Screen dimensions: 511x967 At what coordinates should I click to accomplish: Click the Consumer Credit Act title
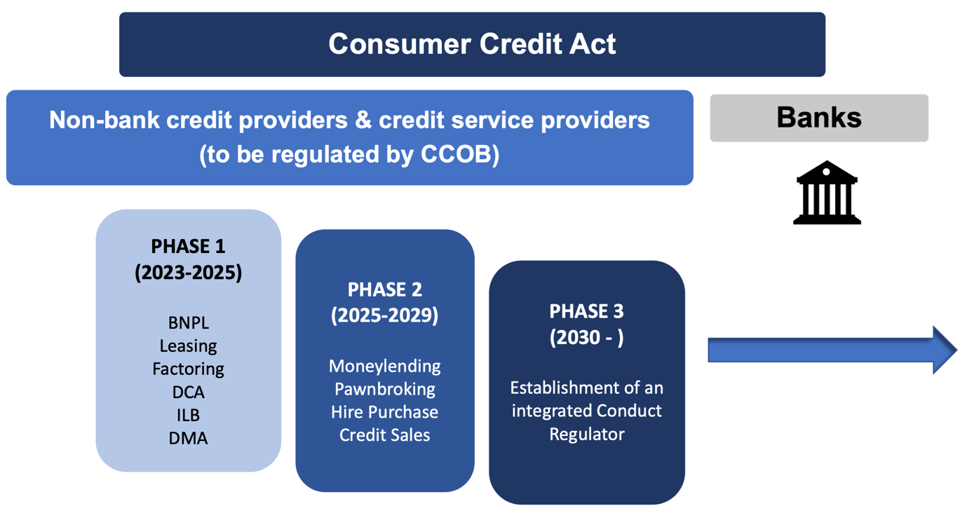pyautogui.click(x=472, y=44)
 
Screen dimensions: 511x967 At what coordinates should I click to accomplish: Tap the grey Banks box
pyautogui.click(x=818, y=118)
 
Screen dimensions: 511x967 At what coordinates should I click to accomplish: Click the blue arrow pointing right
pyautogui.click(x=832, y=349)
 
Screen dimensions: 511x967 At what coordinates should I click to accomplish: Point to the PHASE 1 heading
pyautogui.click(x=188, y=247)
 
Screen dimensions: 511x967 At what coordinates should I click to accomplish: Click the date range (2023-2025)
pyautogui.click(x=188, y=272)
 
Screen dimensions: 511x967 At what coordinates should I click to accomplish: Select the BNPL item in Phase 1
pyautogui.click(x=188, y=323)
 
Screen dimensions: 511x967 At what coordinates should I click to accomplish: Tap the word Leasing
pyautogui.click(x=188, y=346)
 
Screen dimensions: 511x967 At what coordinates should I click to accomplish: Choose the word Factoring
pyautogui.click(x=188, y=369)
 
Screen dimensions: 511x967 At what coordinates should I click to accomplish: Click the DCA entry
pyautogui.click(x=188, y=392)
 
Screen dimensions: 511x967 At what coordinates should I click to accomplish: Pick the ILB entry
pyautogui.click(x=188, y=415)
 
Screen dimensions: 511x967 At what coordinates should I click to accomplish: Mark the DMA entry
pyautogui.click(x=188, y=438)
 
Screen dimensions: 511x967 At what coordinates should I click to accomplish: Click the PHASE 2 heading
pyautogui.click(x=384, y=289)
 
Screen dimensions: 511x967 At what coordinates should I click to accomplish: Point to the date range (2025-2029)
pyautogui.click(x=384, y=315)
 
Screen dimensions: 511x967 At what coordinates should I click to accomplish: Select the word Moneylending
pyautogui.click(x=384, y=366)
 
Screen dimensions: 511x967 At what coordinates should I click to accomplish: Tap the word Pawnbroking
pyautogui.click(x=384, y=389)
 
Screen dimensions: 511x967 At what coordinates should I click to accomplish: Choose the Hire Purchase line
pyautogui.click(x=384, y=412)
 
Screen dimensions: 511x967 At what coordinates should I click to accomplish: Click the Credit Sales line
pyautogui.click(x=384, y=435)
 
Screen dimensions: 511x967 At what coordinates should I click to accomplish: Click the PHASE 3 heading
pyautogui.click(x=586, y=311)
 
